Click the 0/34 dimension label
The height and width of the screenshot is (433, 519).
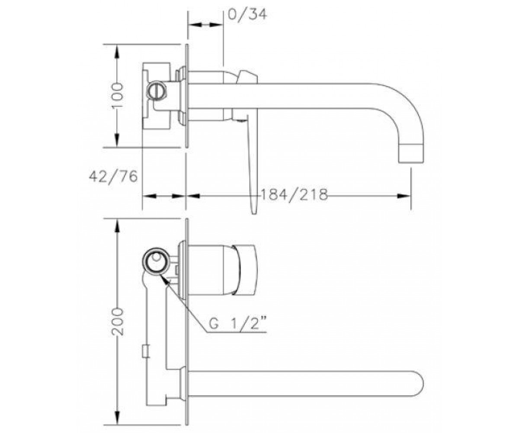click(247, 14)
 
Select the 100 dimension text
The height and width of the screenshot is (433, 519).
click(118, 95)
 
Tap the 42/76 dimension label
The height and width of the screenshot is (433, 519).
click(113, 177)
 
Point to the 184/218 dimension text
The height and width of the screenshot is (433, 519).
click(294, 194)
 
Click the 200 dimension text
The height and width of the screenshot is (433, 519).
click(118, 322)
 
